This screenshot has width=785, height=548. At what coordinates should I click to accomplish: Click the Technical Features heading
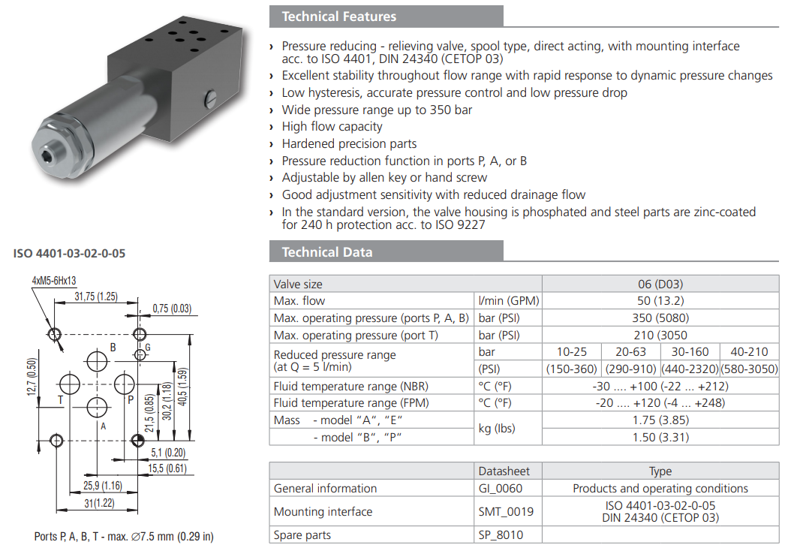tap(338, 17)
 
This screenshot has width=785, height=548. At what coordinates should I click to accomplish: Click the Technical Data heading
tap(326, 251)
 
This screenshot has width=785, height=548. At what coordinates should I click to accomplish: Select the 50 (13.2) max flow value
tap(660, 301)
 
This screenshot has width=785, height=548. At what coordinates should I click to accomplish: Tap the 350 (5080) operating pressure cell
tap(660, 318)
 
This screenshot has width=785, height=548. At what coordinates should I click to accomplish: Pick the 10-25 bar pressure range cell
tap(571, 352)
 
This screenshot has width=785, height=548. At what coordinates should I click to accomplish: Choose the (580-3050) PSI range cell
tap(749, 369)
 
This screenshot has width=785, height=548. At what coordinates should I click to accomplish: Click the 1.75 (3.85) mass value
tap(660, 420)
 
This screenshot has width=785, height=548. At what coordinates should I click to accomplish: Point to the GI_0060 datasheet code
tap(501, 489)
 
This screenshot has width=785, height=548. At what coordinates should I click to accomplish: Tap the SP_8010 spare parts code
tap(501, 535)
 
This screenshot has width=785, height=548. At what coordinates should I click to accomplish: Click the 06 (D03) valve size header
tap(660, 285)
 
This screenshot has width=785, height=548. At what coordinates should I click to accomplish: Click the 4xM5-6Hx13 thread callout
tap(57, 281)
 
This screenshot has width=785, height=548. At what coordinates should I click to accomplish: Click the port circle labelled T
tap(70, 385)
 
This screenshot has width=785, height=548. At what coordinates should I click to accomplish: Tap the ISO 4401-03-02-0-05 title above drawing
tap(69, 253)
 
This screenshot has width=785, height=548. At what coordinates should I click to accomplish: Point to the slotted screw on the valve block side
tap(209, 98)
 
